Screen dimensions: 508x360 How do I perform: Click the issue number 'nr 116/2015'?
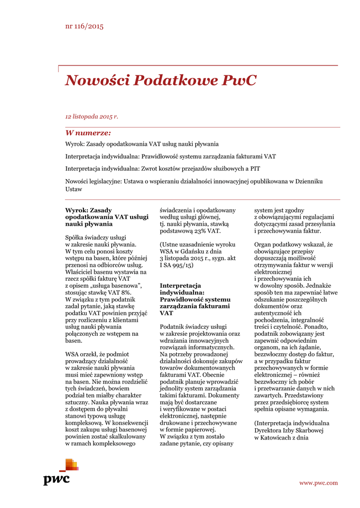[84, 26]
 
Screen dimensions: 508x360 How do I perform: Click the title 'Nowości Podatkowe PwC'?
[161, 80]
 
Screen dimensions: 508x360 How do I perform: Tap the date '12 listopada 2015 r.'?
[92, 117]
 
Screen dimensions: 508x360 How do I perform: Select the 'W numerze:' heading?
[88, 133]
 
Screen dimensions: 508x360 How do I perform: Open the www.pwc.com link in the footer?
[318, 483]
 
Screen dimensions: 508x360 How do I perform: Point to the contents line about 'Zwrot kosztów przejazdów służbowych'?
[163, 169]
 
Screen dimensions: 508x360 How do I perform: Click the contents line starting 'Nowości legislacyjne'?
[194, 182]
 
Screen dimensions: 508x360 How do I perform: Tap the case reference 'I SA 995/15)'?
[176, 265]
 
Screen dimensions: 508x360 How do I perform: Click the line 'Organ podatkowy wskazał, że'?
[293, 245]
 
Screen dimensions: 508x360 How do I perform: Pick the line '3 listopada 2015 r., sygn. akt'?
[197, 258]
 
